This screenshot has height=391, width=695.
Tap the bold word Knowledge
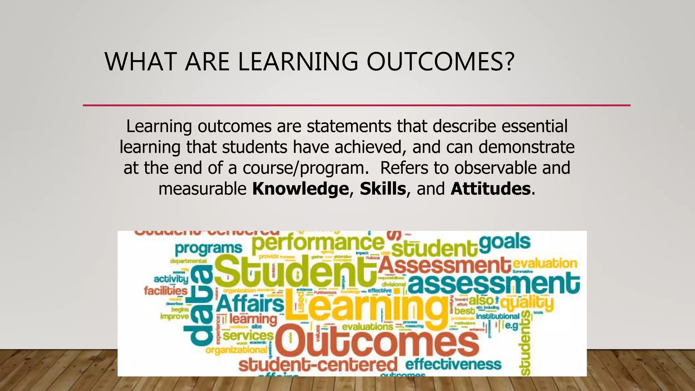300,189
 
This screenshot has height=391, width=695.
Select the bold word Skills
383,189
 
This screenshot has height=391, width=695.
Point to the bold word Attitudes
490,189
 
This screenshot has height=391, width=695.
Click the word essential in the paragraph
534,126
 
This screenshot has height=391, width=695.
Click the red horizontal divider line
356,105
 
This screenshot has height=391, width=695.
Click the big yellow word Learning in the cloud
367,307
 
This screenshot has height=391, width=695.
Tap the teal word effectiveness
453,364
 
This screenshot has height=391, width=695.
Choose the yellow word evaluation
545,263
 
